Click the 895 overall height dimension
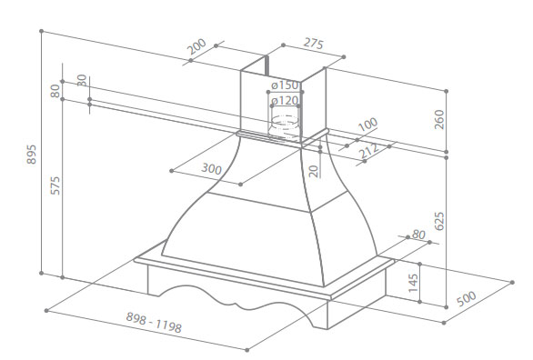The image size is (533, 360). (x=31, y=155)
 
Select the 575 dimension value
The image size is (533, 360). (x=55, y=185)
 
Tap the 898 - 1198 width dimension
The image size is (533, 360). (x=154, y=323)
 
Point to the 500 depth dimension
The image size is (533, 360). (x=466, y=298)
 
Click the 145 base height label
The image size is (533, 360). (x=413, y=283)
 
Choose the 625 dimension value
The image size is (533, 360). (x=439, y=221)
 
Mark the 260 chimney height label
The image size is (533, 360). (x=439, y=119)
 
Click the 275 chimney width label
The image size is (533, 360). (x=314, y=44)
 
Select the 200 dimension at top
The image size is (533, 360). (x=196, y=46)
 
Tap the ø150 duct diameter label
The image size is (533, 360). (x=285, y=85)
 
